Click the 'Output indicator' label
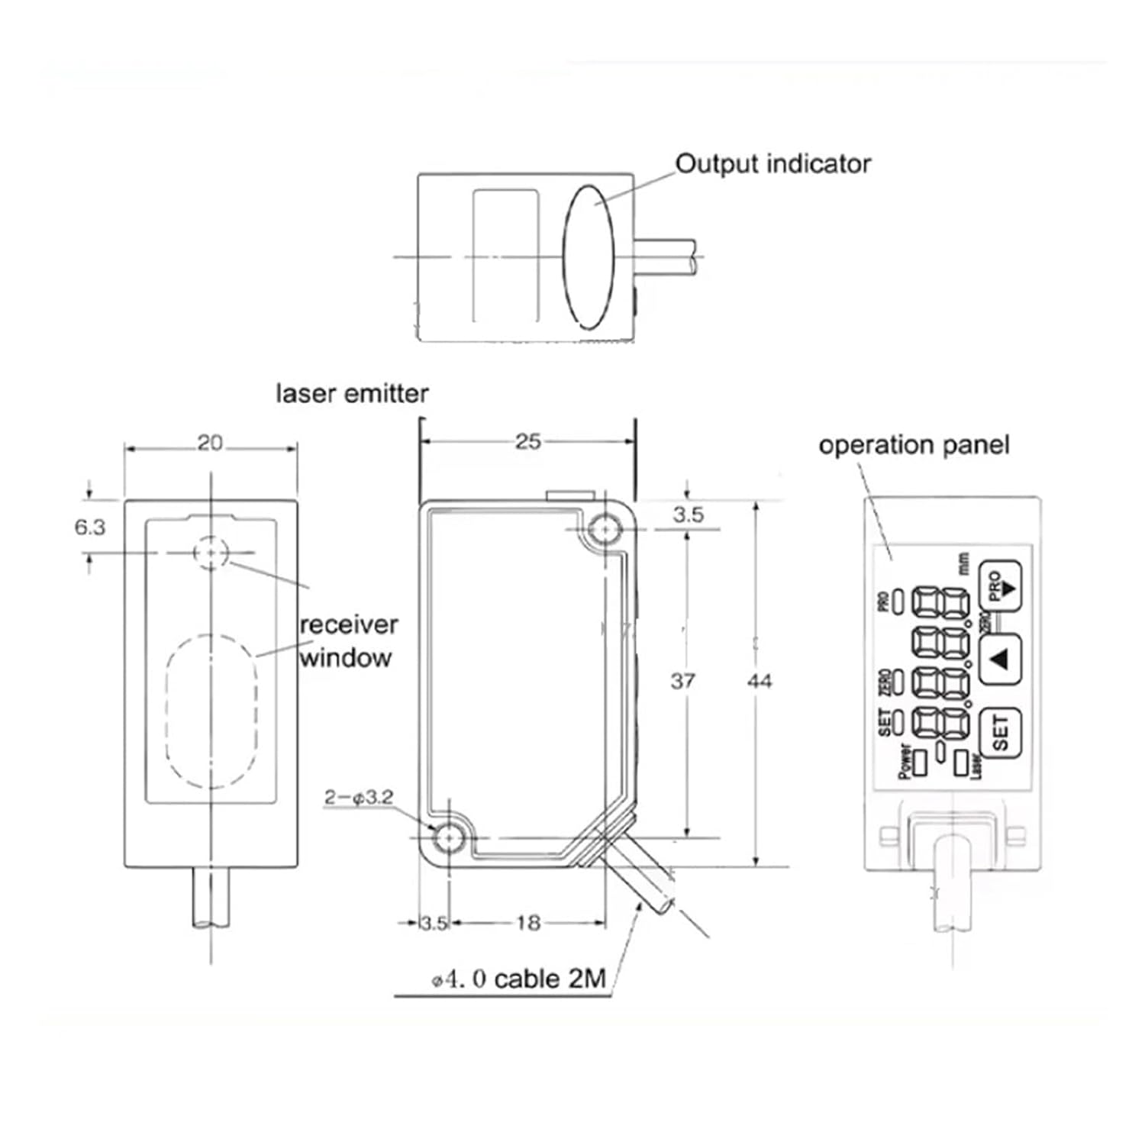point(772,164)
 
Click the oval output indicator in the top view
point(588,257)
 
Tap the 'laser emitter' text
point(352,394)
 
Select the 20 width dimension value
point(210,443)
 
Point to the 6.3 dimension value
point(89,527)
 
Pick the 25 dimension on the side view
point(527,441)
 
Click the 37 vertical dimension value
point(682,680)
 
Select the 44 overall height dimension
point(759,680)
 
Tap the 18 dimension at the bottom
point(527,923)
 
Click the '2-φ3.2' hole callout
point(358,798)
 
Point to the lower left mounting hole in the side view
point(447,838)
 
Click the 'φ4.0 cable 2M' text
point(519,979)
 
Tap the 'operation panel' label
point(913,445)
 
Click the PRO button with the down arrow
point(1000,586)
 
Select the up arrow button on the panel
point(1000,659)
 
